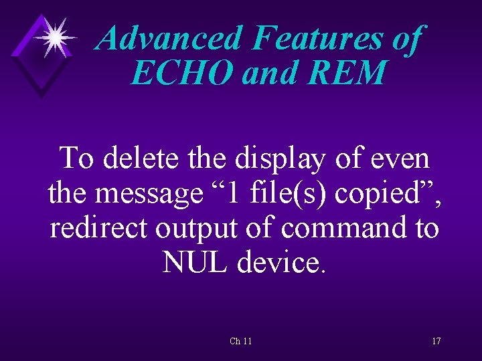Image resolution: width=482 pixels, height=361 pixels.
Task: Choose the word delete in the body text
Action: pos(142,159)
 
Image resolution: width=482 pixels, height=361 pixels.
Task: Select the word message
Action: pos(149,195)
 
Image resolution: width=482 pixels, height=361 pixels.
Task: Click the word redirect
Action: pos(98,229)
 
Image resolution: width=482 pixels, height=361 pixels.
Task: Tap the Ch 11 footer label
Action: pos(241,341)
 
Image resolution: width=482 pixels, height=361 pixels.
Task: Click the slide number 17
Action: pos(436,341)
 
